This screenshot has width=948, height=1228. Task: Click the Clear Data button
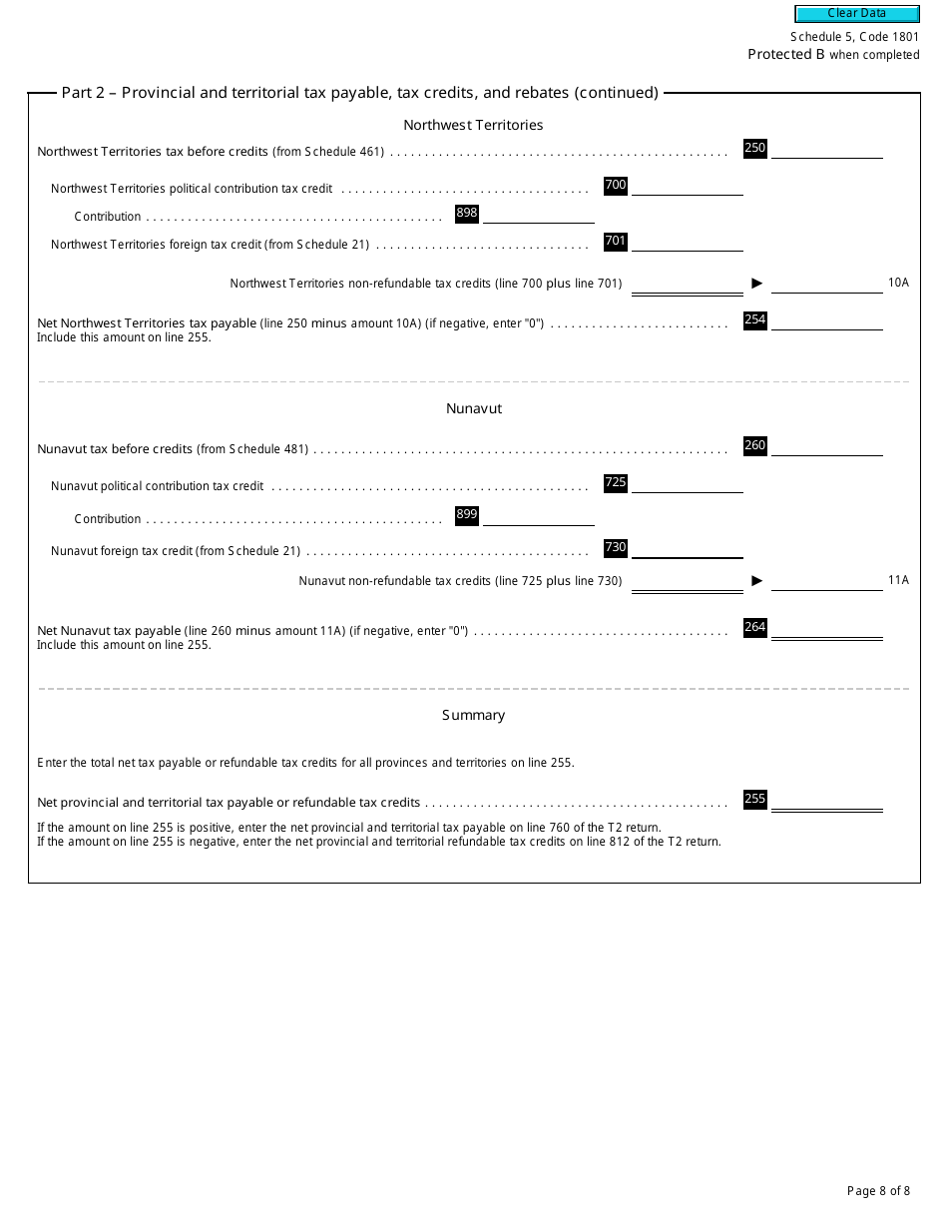(856, 13)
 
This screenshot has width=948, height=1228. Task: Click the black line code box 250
(755, 148)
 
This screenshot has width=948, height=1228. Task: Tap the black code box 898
(467, 213)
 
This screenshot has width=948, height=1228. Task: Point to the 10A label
(898, 283)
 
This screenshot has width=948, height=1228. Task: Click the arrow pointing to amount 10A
(757, 284)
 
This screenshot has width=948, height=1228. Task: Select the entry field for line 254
(827, 320)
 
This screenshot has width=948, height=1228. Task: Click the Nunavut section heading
(474, 408)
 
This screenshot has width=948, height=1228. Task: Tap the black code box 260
(755, 445)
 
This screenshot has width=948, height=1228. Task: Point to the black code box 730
(616, 547)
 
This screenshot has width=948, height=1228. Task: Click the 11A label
(898, 580)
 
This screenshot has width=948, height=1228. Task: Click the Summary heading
(474, 715)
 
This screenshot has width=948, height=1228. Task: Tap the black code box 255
(755, 799)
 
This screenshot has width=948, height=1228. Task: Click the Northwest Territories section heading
(473, 125)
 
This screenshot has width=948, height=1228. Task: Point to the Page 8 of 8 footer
(878, 1190)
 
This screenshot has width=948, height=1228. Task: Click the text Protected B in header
(786, 54)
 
